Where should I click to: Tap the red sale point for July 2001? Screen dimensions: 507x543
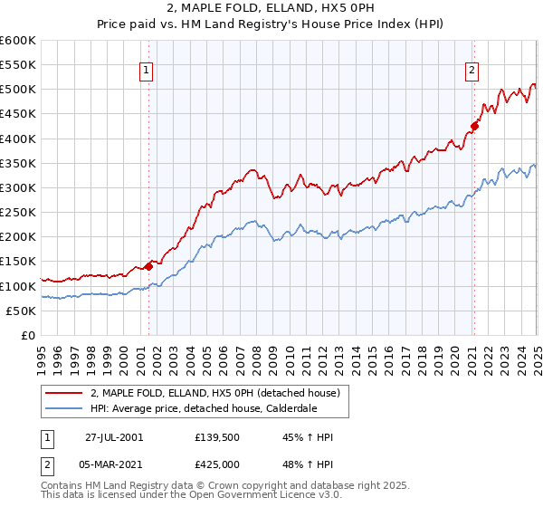[x=148, y=266]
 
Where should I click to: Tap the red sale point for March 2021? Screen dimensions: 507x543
[x=473, y=126]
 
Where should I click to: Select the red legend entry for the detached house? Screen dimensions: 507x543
[x=214, y=392]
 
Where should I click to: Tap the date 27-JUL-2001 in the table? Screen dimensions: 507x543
[x=114, y=437]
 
